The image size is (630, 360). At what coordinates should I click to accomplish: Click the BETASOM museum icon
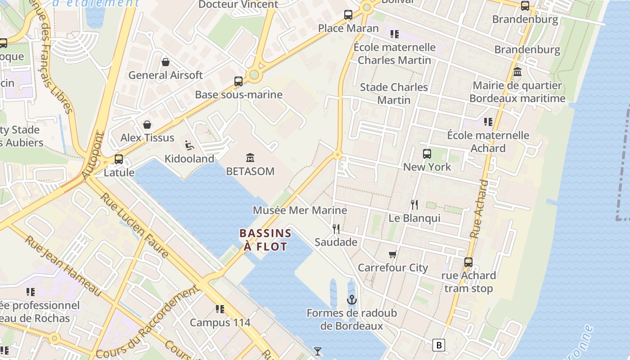coord(250,157)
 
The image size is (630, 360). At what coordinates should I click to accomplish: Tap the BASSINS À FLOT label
coord(265,240)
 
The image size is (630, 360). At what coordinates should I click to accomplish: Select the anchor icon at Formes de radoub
coord(351,299)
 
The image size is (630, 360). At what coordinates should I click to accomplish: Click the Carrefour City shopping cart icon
coord(393,254)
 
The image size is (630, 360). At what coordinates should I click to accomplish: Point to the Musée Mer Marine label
coord(300,210)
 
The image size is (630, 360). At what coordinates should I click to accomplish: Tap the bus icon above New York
coord(427,154)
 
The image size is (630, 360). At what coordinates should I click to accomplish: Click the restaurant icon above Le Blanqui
coord(414,205)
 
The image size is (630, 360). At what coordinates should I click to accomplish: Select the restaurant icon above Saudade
coord(336,229)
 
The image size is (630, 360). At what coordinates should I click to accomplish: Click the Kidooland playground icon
coord(189,145)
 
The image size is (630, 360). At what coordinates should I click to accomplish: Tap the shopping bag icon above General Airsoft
coord(166,62)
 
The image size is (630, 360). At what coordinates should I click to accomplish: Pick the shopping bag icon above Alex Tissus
coord(147,125)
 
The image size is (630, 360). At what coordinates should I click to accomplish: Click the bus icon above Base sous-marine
coord(238,81)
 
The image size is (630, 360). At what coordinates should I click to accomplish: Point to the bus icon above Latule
coord(119,159)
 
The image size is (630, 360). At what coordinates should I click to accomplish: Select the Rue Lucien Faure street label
coord(134,225)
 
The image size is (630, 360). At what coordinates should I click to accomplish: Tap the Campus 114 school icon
coord(220,309)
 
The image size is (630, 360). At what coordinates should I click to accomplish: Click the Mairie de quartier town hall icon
coord(517,72)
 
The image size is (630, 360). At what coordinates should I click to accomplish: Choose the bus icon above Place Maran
coord(348,15)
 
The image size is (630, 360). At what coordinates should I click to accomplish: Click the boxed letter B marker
coord(438,345)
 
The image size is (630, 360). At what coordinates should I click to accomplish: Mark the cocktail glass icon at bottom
coord(318,351)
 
